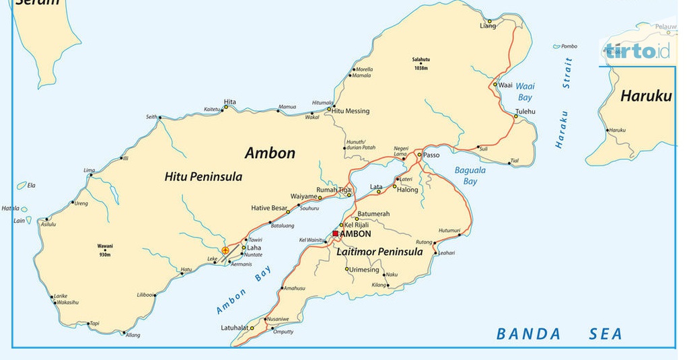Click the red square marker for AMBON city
coord(335,233)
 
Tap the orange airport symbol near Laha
coord(225,250)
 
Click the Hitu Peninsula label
coord(203,177)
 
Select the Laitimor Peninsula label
coord(380,252)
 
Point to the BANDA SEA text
coord(558,334)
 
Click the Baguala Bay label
coord(470,176)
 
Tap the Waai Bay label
coord(525,92)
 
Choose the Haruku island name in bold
coord(645,96)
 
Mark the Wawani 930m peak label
coord(104,250)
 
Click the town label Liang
coord(487,26)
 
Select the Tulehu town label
coord(525,111)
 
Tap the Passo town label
coord(431,155)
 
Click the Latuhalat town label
coord(234,328)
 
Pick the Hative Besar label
coord(269,208)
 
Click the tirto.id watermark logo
coord(637,51)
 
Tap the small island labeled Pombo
coord(569,46)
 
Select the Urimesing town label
coord(365,270)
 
